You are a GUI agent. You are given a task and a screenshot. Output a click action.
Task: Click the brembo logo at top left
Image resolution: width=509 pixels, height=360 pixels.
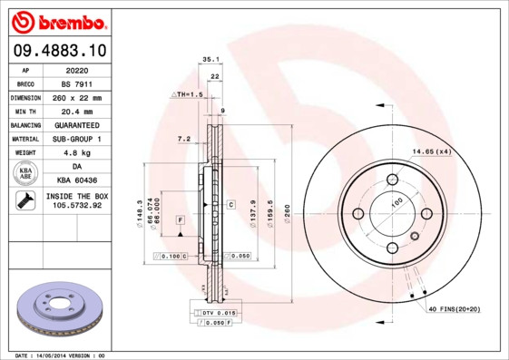(x=56, y=21)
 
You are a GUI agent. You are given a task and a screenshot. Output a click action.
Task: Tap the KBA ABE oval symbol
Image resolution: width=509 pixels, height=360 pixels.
(x=26, y=173)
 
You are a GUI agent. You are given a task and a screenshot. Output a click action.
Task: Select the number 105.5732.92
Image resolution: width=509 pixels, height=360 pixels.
(x=76, y=206)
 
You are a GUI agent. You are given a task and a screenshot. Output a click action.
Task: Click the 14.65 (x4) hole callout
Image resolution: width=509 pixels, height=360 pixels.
(x=431, y=151)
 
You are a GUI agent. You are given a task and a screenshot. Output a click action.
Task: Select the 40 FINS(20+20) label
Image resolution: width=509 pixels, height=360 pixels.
(x=454, y=309)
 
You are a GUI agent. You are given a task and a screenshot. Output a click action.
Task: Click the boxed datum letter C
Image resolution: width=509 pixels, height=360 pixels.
(x=230, y=205)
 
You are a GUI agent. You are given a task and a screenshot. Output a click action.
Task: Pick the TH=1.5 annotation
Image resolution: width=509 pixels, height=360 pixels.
(x=188, y=94)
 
